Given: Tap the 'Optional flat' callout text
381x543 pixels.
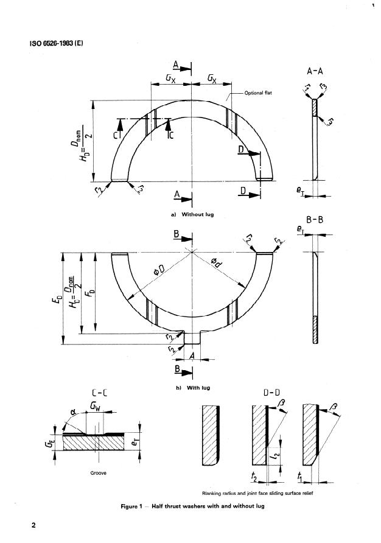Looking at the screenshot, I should point(262,93).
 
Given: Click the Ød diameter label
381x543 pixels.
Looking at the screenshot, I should point(223,262).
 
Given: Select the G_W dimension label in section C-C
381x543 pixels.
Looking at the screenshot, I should point(96,405).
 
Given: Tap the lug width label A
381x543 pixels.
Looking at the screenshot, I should point(192,355).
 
